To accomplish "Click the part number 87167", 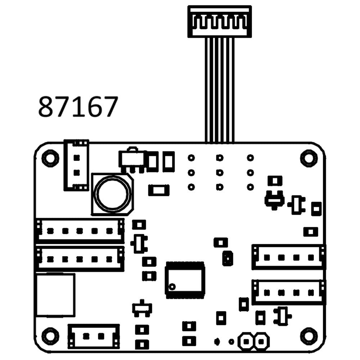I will (78, 107).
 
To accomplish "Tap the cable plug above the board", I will (220, 21).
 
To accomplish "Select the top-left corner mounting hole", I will (50, 158).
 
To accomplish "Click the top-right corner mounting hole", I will (309, 158).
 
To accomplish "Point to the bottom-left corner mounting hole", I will (50, 336).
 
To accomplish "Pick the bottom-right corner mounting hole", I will (309, 336).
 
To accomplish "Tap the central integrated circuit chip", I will (185, 280).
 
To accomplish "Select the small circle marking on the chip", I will (172, 287).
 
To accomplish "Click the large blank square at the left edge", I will (55, 295).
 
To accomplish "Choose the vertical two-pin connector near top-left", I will (76, 165).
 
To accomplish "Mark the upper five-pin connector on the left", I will (80, 231).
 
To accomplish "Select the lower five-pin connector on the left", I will (80, 259).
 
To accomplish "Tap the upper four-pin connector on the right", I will (289, 257).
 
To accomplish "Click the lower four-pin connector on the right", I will (289, 292).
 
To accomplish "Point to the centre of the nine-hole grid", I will (220, 172).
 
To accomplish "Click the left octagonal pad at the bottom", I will (247, 341).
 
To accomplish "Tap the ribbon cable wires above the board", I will (220, 90).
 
